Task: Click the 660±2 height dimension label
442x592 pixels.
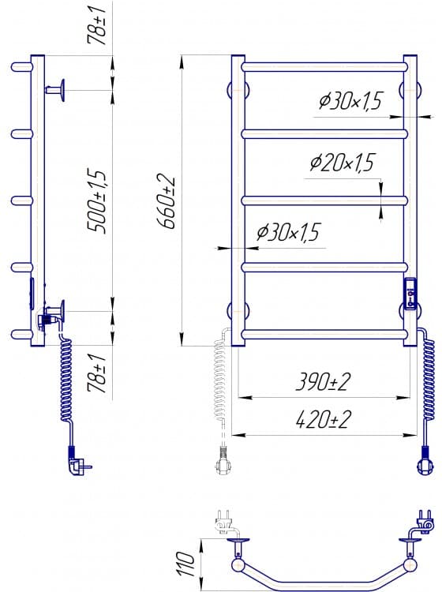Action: click(166, 203)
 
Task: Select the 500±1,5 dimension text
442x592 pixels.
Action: click(96, 201)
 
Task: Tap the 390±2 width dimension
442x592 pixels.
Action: click(323, 381)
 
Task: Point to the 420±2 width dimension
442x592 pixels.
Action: click(323, 419)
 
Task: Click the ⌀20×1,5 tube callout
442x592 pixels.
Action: click(343, 163)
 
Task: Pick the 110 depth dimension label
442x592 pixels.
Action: click(185, 564)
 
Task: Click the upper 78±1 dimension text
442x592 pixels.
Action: click(96, 25)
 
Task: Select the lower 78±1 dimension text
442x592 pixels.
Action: click(96, 373)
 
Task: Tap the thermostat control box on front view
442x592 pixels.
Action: click(410, 294)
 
